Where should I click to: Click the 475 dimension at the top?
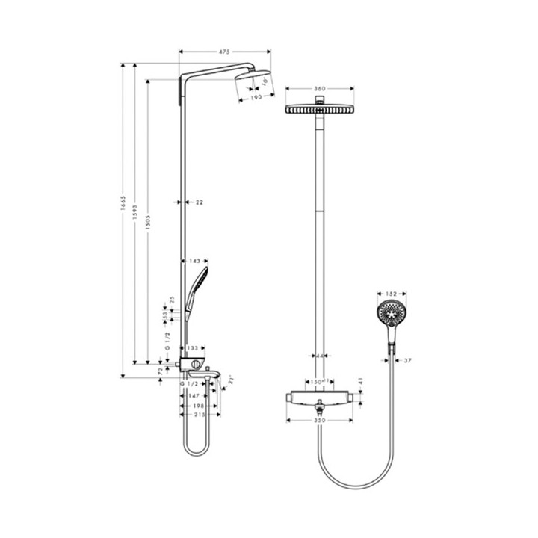click(x=223, y=52)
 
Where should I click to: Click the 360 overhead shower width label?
click(x=319, y=89)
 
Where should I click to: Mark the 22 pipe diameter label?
click(x=199, y=202)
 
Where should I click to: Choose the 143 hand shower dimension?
click(x=195, y=262)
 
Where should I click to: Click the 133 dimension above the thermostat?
click(x=193, y=348)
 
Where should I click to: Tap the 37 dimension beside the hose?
click(x=408, y=362)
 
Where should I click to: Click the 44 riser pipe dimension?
click(x=319, y=356)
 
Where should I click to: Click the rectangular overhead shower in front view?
click(x=319, y=110)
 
